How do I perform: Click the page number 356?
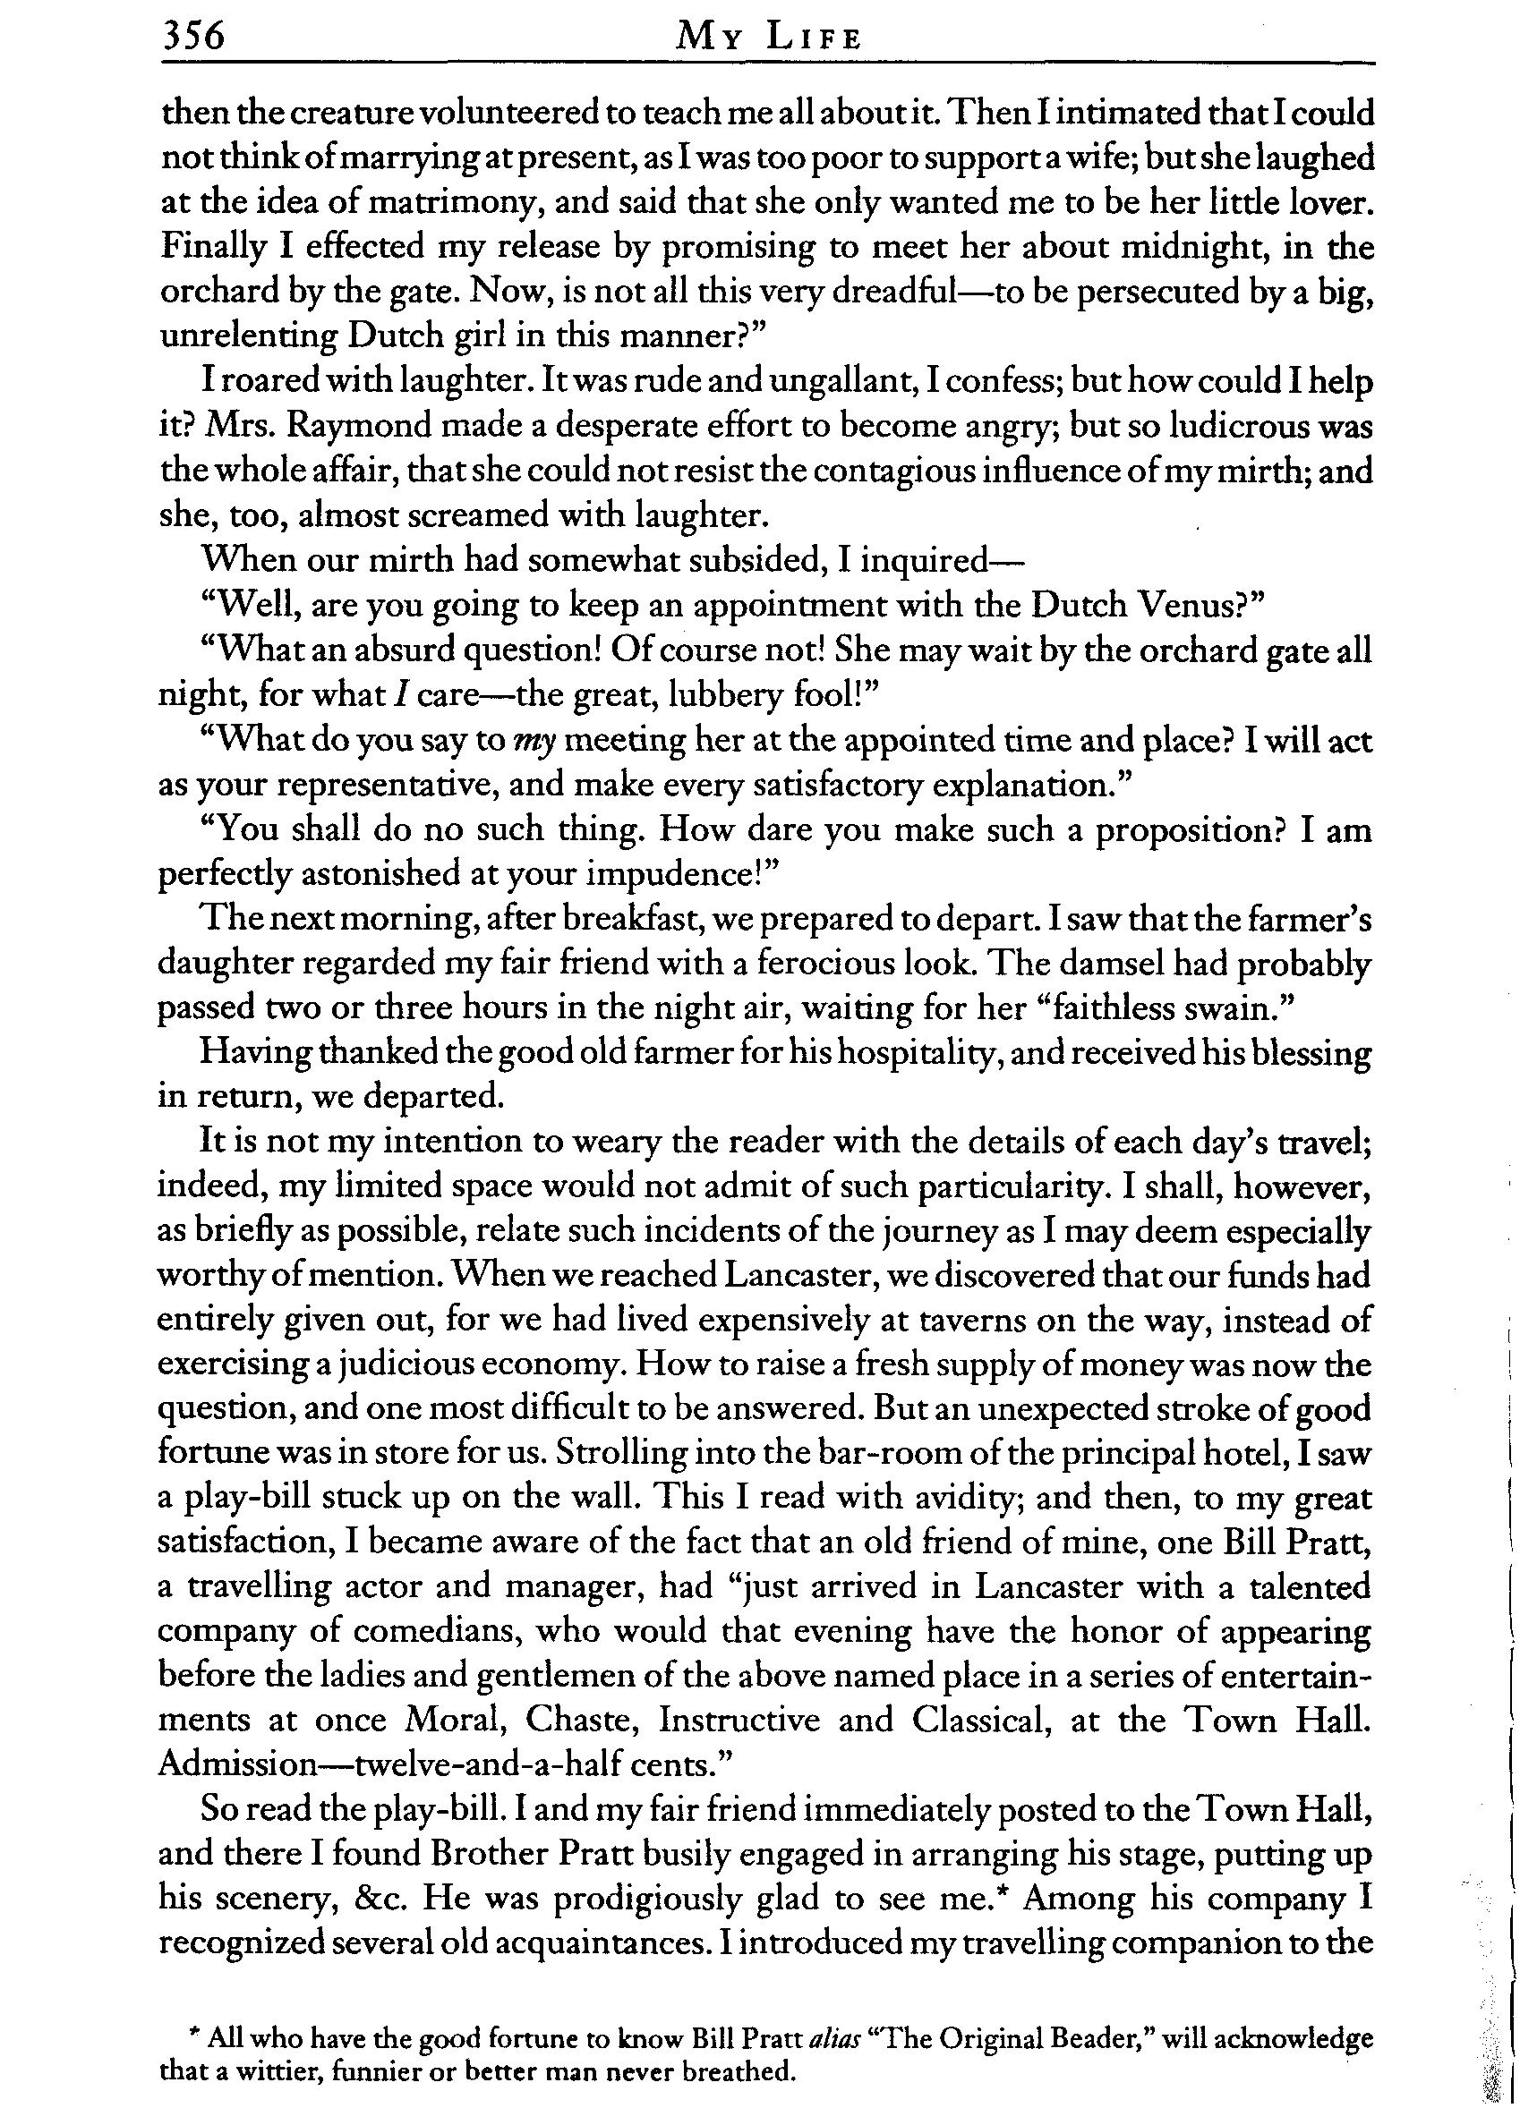(x=193, y=37)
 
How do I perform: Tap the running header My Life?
(x=769, y=38)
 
